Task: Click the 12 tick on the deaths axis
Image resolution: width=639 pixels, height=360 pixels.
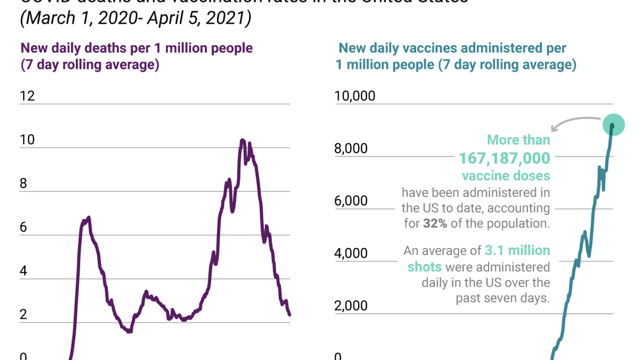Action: tap(27, 96)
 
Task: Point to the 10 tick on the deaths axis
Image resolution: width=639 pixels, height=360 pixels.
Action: tap(27, 140)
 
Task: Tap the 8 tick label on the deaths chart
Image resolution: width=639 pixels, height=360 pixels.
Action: tap(24, 184)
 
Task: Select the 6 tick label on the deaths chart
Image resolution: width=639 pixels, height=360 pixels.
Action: tap(24, 228)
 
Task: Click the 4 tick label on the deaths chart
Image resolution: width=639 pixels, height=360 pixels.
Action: tap(24, 271)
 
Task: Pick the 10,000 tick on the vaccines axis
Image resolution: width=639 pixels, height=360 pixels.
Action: tap(355, 96)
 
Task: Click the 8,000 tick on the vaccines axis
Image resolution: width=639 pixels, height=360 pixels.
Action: tap(352, 148)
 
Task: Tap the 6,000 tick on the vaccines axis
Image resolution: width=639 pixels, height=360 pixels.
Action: tap(352, 201)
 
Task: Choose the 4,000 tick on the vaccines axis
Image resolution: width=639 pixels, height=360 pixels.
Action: tap(352, 253)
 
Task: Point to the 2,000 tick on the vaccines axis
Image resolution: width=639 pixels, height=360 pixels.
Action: tap(352, 306)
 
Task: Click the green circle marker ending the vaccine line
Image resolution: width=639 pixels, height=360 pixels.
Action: tap(613, 124)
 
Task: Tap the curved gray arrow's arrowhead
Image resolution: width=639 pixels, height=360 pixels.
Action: tap(553, 128)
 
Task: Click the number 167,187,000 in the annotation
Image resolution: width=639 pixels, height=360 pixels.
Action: tap(505, 158)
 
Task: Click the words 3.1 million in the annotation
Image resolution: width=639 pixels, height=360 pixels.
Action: tap(517, 251)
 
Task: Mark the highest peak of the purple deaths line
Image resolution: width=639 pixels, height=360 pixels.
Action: tap(242, 140)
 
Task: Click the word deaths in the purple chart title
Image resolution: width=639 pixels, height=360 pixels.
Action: tap(124, 48)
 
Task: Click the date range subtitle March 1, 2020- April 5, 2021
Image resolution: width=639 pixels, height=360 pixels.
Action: tap(136, 18)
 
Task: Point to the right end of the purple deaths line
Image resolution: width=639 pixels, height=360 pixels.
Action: tap(290, 315)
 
